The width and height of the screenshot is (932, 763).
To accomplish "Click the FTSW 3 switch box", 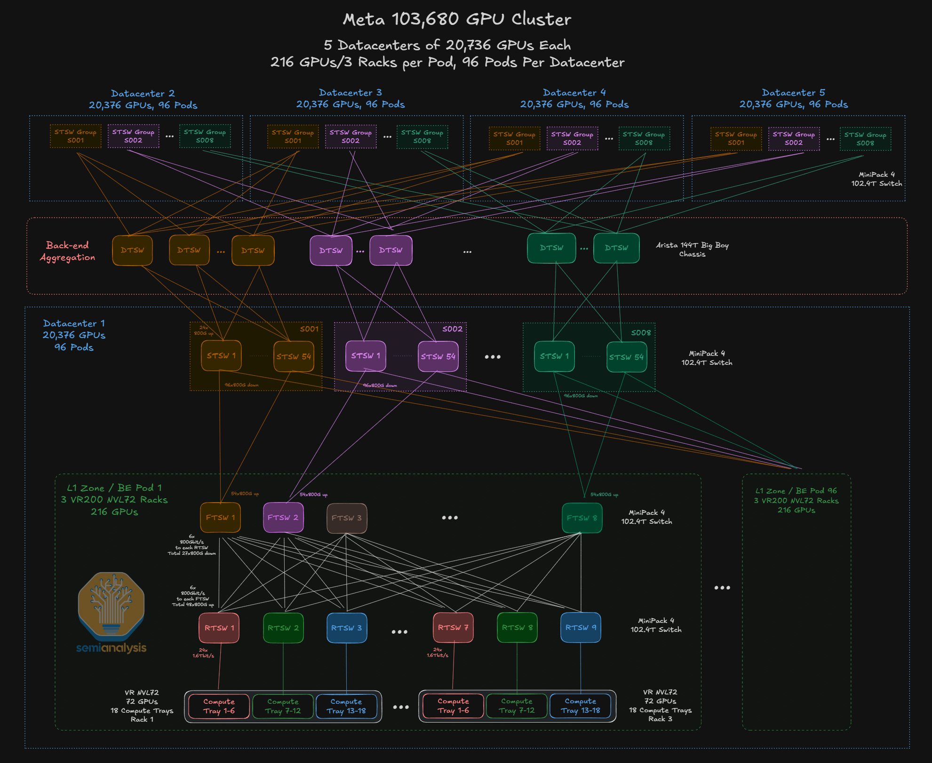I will [347, 518].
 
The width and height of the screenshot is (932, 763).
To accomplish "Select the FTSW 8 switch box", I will [582, 518].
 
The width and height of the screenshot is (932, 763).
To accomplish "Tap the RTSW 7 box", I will [453, 628].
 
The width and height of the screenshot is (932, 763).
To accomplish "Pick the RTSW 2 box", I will [283, 628].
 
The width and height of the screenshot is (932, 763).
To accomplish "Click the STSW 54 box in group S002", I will [438, 356].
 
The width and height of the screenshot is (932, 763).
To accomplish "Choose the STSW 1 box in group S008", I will [554, 356].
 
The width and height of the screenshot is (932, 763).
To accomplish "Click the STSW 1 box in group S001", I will [221, 356].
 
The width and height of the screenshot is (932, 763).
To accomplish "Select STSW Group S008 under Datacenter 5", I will [865, 139].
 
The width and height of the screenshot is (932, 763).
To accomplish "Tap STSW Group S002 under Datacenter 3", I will [350, 136].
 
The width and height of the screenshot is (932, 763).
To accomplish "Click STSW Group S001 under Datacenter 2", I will [75, 136].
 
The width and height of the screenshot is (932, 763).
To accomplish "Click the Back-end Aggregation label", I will [68, 251].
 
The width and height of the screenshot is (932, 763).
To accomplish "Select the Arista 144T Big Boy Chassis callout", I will [692, 250].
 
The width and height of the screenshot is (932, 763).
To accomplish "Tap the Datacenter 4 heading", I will [574, 93].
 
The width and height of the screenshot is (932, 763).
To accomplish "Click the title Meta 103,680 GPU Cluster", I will [457, 19].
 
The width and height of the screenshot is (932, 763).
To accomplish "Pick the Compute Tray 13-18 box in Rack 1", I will [346, 706].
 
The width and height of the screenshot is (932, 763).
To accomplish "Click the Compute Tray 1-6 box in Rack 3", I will [453, 706].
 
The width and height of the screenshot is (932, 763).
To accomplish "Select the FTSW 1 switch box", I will [220, 518].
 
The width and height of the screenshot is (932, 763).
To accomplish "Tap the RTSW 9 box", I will [581, 628].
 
